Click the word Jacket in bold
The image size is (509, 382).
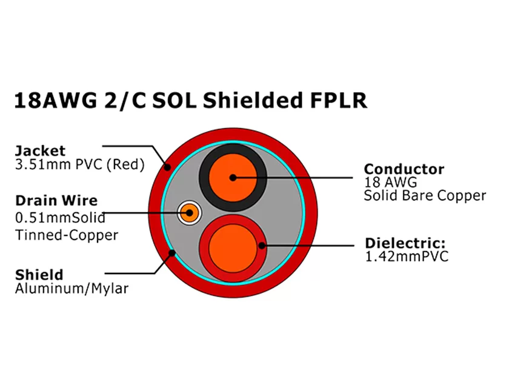click(x=40, y=151)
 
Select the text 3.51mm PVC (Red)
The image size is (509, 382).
click(x=79, y=164)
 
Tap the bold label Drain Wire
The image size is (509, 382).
click(x=56, y=201)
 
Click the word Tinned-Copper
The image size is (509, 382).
click(x=66, y=235)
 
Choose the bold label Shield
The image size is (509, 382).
click(x=39, y=275)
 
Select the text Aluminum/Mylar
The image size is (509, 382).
click(x=71, y=289)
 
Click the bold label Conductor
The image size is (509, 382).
click(x=404, y=169)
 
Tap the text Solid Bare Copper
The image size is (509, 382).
click(x=425, y=195)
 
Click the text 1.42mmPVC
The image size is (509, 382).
click(x=407, y=256)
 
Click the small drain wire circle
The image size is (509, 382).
click(x=188, y=213)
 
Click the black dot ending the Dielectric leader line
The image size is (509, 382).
click(x=262, y=246)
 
